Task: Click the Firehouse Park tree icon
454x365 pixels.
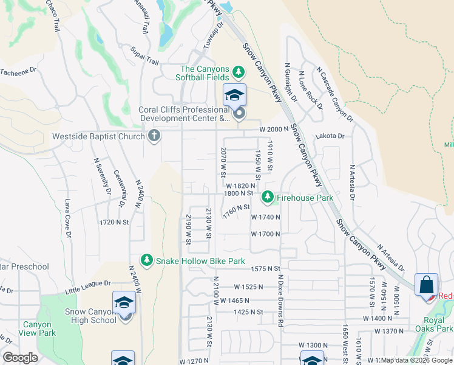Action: pos(267,197)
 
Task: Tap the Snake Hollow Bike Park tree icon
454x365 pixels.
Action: pos(147,260)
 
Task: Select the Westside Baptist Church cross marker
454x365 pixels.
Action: pos(154,136)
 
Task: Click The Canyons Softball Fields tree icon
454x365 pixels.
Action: pos(239,72)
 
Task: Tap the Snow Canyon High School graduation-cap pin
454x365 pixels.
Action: pos(124,303)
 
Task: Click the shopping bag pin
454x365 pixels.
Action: pos(426,285)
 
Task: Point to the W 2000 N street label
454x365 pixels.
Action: pos(272,129)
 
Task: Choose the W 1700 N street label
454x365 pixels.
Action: pos(265,234)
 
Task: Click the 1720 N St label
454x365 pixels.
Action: pos(115,223)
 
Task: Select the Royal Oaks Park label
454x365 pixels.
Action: pos(437,324)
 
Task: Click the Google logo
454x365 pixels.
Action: pos(20,358)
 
